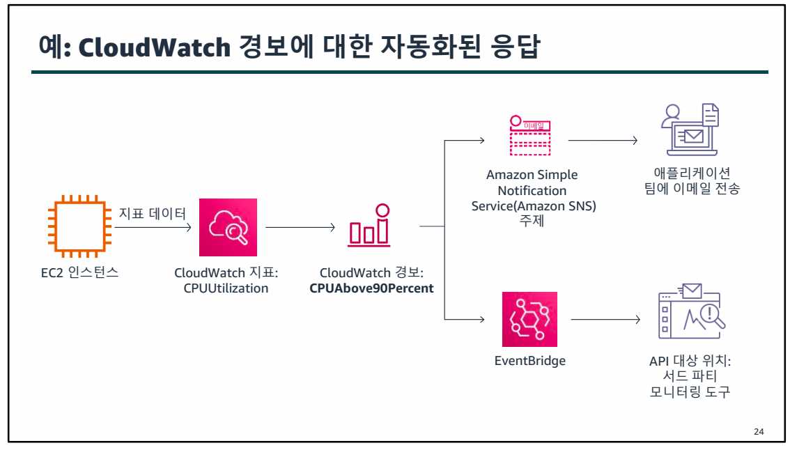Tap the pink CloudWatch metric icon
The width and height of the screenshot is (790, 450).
pyautogui.click(x=228, y=227)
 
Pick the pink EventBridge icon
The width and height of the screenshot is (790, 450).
pyautogui.click(x=529, y=319)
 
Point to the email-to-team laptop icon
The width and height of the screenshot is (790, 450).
pyautogui.click(x=689, y=130)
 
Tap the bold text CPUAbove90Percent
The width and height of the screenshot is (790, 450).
pyautogui.click(x=371, y=288)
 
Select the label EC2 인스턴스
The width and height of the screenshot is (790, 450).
pyautogui.click(x=80, y=272)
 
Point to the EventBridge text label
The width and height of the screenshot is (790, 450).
pyautogui.click(x=529, y=362)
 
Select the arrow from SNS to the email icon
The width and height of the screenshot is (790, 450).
pyautogui.click(x=603, y=141)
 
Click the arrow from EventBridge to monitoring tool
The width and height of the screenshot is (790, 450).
pyautogui.click(x=604, y=320)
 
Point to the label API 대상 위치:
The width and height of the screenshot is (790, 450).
pyautogui.click(x=689, y=362)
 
